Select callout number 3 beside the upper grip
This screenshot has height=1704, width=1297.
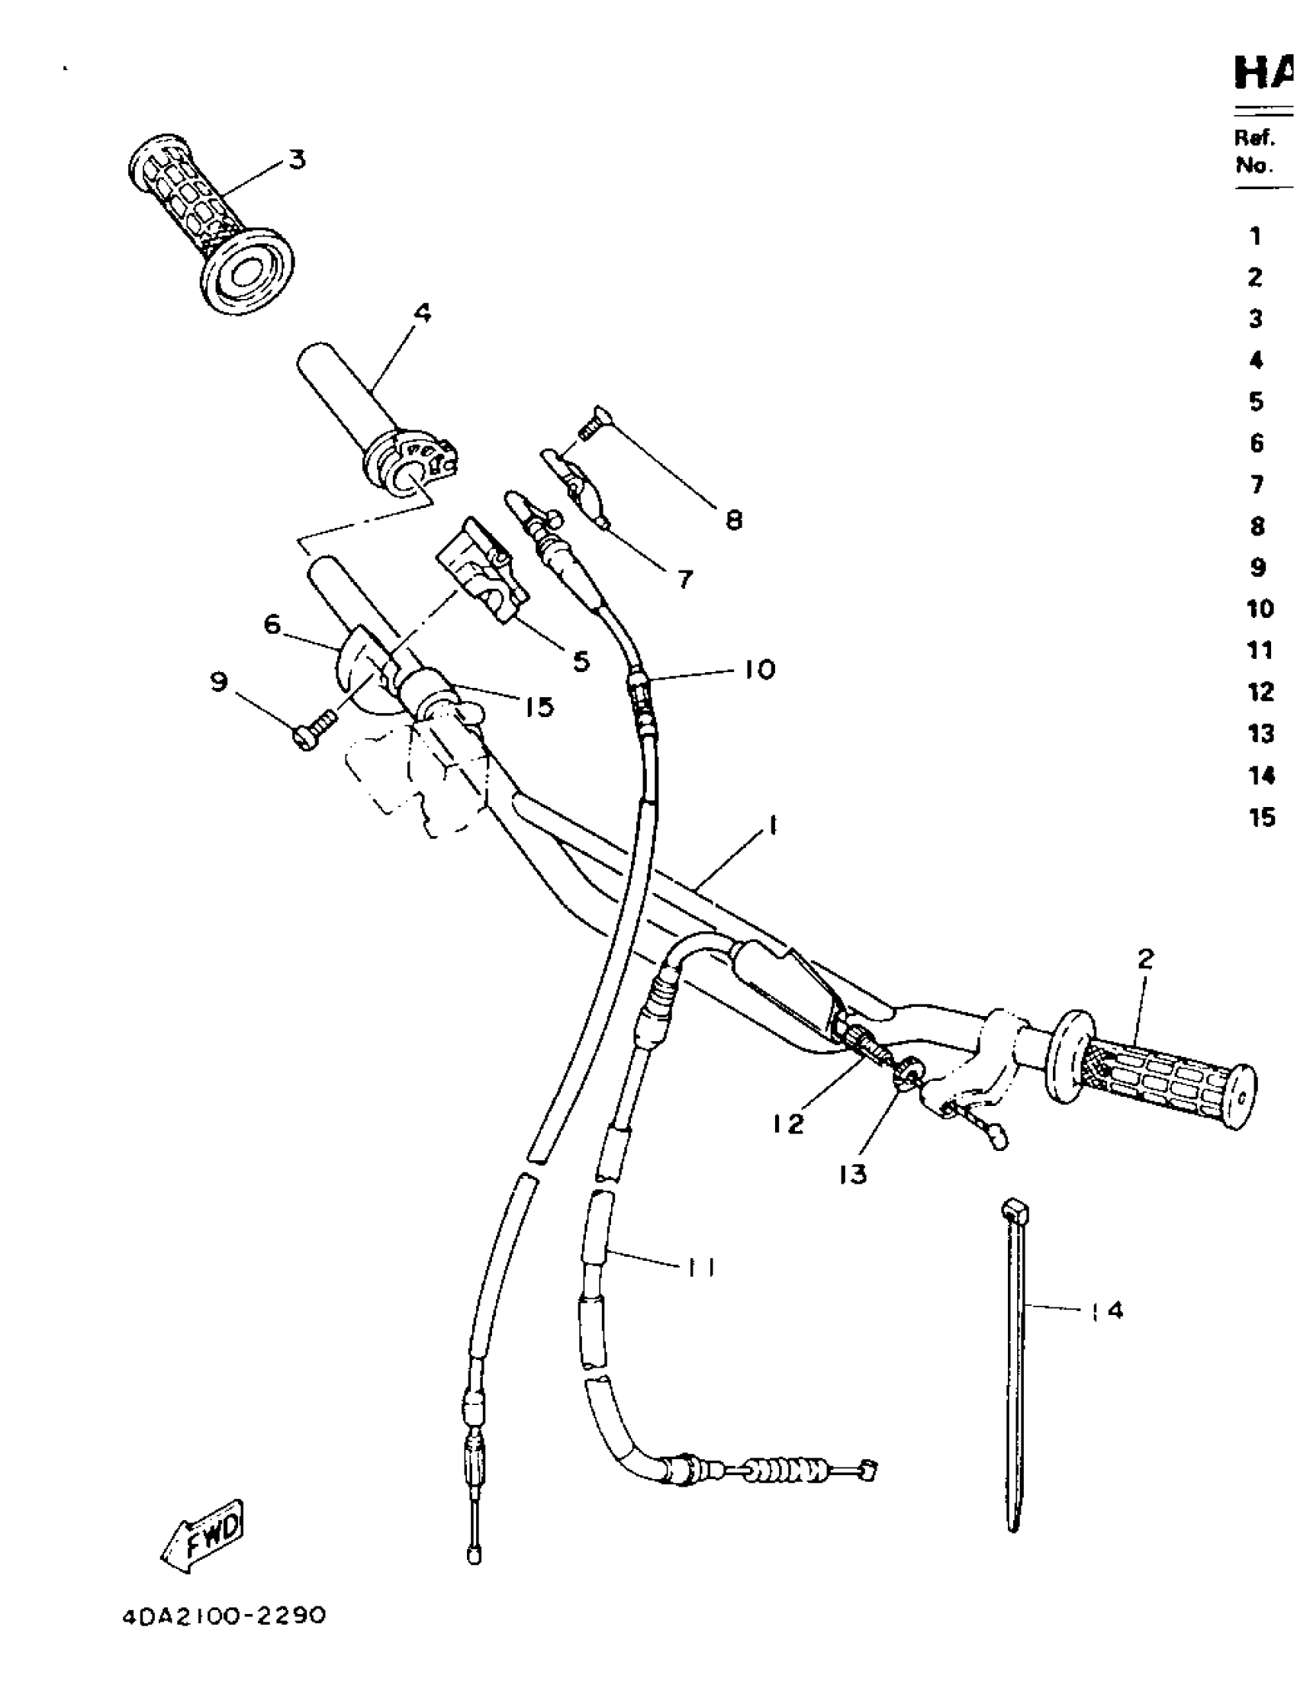[298, 159]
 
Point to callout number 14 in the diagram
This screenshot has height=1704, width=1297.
[1108, 1310]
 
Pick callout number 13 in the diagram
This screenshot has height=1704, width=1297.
[852, 1174]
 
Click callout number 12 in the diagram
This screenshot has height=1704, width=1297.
[787, 1124]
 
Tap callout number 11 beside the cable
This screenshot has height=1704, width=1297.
[701, 1266]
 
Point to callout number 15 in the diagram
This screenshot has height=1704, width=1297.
[539, 707]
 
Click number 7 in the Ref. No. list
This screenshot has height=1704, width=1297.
[1257, 484]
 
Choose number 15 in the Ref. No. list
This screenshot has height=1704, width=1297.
[1261, 817]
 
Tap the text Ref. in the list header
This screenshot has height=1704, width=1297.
[1253, 137]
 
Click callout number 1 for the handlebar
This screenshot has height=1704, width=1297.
[771, 827]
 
